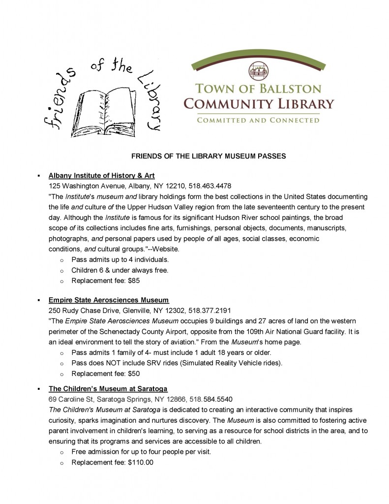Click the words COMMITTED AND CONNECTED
click(258, 120)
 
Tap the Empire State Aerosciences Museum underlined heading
click(109, 300)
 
